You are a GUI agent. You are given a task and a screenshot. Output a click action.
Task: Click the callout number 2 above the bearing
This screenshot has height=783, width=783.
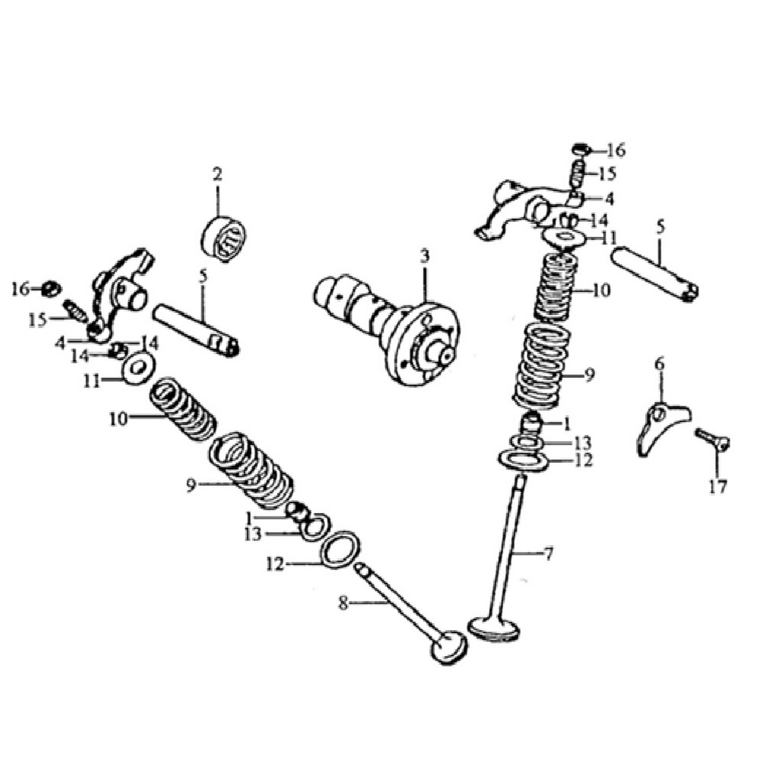(x=217, y=175)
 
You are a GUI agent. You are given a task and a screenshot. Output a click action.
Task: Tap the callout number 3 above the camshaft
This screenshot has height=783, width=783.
(x=424, y=256)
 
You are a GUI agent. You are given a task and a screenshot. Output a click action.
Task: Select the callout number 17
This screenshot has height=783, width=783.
(x=718, y=486)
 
